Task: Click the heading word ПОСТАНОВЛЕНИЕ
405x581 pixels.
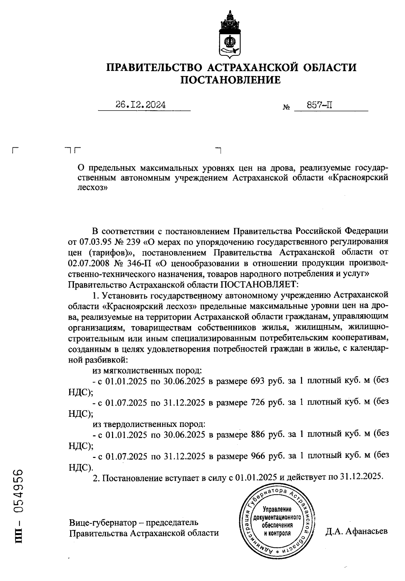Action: pyautogui.click(x=231, y=80)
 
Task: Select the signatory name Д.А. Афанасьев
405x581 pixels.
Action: pyautogui.click(x=356, y=532)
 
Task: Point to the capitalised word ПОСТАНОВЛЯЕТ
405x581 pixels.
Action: pyautogui.click(x=259, y=284)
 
